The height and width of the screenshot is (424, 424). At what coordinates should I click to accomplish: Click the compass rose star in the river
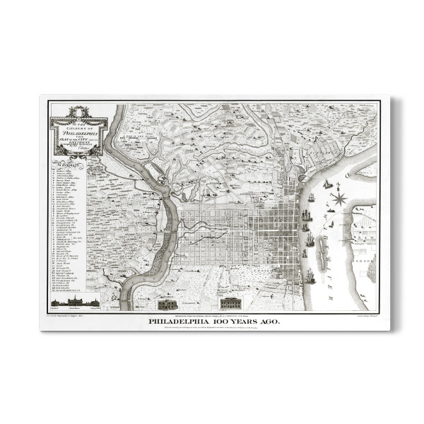[339, 199]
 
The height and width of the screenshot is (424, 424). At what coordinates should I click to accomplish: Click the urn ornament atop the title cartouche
[78, 110]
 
